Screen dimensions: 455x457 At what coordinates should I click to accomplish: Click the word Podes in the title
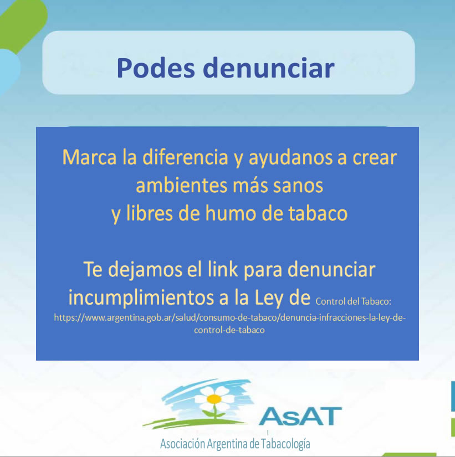(156, 68)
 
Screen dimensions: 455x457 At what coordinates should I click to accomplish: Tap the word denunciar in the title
(269, 68)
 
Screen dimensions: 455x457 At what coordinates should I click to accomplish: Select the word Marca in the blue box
(89, 157)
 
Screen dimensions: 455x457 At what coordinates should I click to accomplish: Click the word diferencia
(185, 157)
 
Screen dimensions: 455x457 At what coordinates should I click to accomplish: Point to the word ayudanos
(290, 158)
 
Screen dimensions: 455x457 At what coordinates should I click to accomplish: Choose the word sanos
(298, 186)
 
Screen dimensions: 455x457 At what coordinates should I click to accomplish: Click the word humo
(230, 213)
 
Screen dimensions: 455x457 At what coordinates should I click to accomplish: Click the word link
(223, 269)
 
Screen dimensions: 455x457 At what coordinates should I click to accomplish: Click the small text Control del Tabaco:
(353, 301)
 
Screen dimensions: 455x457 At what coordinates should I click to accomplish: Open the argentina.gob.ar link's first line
(230, 318)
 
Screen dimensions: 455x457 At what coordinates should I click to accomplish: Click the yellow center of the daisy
(214, 399)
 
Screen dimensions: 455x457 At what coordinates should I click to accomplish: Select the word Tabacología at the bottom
(285, 444)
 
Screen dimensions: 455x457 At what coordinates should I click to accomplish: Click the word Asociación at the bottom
(182, 443)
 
